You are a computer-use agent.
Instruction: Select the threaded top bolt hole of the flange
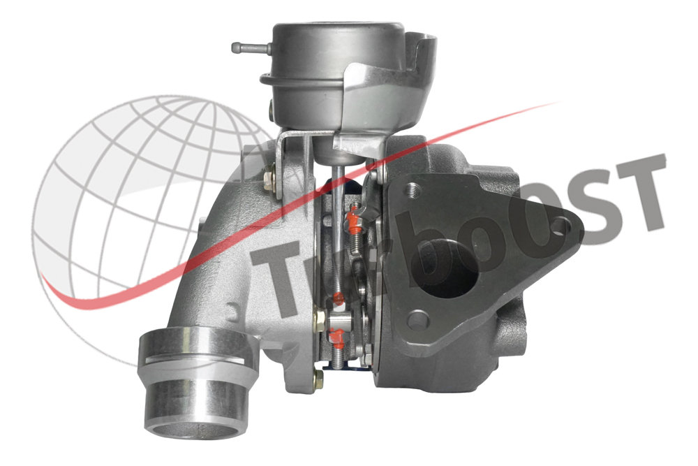[413, 191]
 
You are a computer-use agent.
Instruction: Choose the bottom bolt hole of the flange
[419, 319]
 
